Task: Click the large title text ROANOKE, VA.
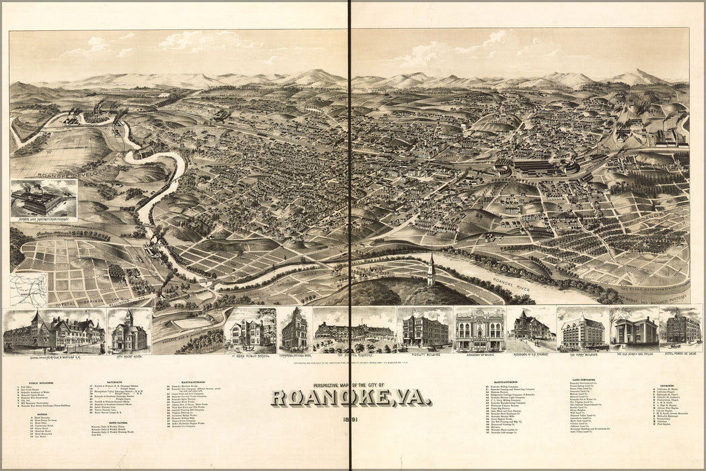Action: pyautogui.click(x=351, y=398)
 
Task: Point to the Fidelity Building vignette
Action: pyautogui.click(x=425, y=329)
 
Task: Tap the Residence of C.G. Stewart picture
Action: pyautogui.click(x=530, y=329)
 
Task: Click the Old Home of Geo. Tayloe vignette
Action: pyautogui.click(x=634, y=329)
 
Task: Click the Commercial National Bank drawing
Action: pyautogui.click(x=293, y=330)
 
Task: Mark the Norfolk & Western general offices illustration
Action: pyautogui.click(x=54, y=331)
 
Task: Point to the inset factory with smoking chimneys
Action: pyautogui.click(x=43, y=199)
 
